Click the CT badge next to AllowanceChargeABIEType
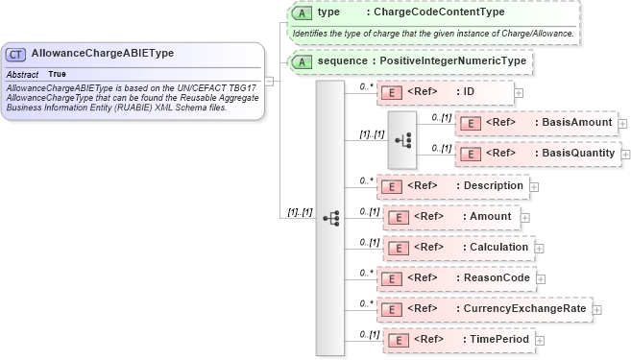pos(17,55)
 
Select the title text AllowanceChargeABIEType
pos(103,55)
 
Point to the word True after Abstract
pos(58,74)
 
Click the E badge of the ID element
pos(391,92)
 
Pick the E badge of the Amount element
pos(396,217)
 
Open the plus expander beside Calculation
pos(539,248)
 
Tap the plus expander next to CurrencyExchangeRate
pos(596,309)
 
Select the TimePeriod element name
pos(497,340)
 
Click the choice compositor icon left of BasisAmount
pos(402,138)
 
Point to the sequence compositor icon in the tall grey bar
pos(330,218)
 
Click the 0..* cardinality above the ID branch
pos(366,84)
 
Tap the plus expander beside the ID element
pos(519,92)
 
